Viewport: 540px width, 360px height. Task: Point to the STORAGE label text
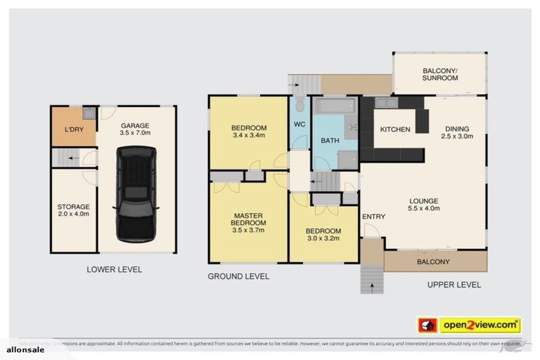73,210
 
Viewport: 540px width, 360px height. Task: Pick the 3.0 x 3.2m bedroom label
323,234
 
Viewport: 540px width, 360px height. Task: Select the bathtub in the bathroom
335,108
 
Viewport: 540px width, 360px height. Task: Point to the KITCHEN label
395,130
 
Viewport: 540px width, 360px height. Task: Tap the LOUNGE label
424,204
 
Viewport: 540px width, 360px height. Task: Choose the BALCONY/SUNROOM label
440,74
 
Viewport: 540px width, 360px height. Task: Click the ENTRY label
373,217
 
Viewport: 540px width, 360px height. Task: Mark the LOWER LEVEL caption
114,269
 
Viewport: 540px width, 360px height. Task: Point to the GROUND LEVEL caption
238,276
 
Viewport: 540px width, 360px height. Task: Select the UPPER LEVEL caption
454,285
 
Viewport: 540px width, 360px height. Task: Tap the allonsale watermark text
25,349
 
